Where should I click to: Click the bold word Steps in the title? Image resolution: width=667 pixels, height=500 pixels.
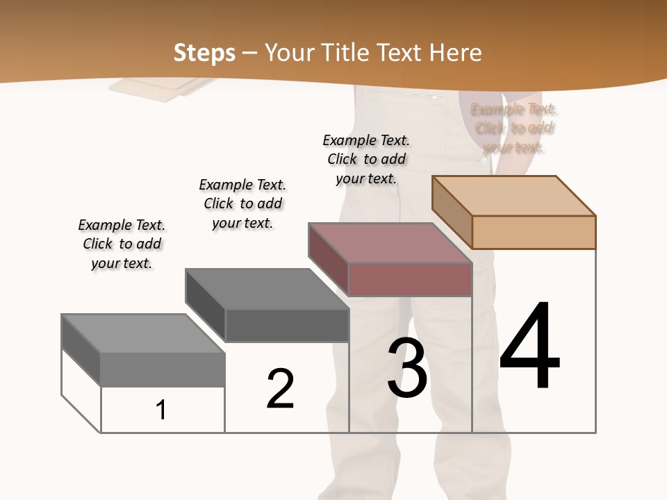[204, 53]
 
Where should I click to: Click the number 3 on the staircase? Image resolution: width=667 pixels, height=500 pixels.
[407, 368]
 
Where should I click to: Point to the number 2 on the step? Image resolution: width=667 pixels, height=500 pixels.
[280, 389]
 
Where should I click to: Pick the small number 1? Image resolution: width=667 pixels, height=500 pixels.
[161, 410]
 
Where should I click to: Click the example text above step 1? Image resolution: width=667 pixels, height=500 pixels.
[122, 244]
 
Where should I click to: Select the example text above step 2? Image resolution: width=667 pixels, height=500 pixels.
[242, 203]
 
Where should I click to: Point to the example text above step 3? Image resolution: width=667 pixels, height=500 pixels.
[366, 159]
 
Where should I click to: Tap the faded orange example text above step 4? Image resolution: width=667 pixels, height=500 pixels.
[514, 128]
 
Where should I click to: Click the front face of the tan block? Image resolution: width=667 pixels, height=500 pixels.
[534, 232]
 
